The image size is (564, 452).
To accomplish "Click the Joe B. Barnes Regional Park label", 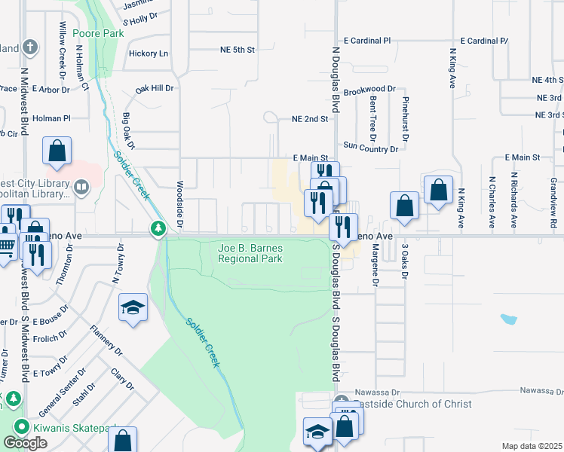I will [250, 252].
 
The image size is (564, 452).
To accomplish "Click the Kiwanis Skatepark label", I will [72, 427].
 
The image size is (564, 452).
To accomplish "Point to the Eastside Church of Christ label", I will [411, 404].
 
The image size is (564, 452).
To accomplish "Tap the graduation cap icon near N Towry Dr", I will [133, 307].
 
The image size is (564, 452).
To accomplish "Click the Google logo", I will [25, 443].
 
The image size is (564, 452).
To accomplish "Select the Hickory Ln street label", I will [149, 53].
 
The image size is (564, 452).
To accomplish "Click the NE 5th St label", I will [238, 50].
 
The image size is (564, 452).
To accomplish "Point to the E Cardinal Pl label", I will [367, 40].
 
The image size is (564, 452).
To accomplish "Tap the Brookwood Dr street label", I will [369, 90].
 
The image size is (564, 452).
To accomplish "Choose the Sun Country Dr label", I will [370, 148].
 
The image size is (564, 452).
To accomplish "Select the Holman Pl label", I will [51, 118].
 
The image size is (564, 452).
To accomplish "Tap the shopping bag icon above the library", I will [57, 151].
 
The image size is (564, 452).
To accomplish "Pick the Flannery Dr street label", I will [106, 340].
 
